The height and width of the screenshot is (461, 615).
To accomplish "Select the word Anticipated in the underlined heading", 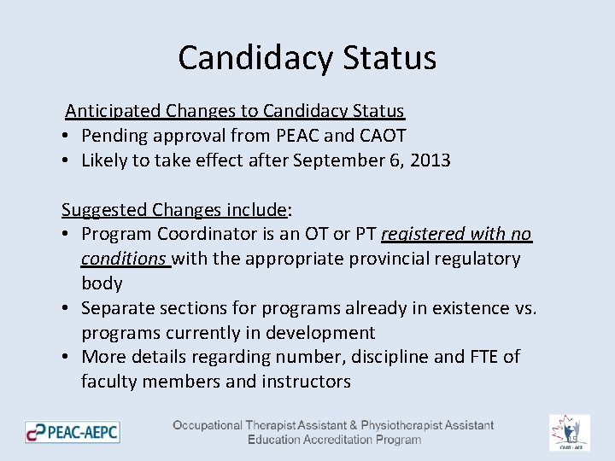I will point(113,111).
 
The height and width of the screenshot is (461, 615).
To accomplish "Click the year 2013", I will point(430,160).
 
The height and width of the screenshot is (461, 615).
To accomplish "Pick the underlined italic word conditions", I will point(123,259).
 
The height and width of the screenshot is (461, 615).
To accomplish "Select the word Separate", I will point(116,308).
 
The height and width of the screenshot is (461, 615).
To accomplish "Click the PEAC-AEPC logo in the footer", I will point(73,432).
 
